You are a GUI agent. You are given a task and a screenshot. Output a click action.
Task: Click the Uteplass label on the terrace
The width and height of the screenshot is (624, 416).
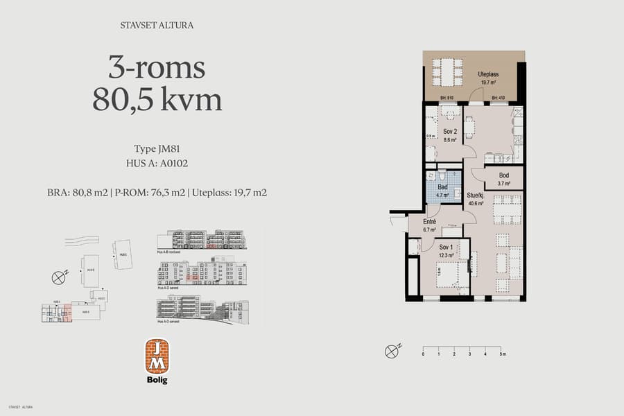489,74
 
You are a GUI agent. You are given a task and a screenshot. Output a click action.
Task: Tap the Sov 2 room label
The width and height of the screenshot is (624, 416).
450,131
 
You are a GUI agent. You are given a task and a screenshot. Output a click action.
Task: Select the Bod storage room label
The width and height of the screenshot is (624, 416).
503,177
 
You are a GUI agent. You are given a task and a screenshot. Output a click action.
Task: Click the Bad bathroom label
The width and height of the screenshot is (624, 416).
442,188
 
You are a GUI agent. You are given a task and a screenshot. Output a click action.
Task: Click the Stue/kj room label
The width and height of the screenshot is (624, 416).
476,196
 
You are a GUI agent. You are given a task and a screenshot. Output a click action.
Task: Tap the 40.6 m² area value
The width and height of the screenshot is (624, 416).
476,203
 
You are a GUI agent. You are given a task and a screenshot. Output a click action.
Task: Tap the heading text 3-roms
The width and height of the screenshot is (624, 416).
157,68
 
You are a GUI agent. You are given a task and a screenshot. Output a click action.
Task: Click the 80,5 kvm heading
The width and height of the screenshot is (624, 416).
157,100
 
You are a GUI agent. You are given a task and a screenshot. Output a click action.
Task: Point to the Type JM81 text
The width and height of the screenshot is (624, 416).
157,149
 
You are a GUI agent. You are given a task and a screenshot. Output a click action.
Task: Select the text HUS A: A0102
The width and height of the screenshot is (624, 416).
157,164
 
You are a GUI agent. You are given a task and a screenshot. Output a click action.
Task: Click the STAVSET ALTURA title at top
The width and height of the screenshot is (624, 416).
157,26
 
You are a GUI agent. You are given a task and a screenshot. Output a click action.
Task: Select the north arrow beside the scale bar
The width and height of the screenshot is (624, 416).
392,351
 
